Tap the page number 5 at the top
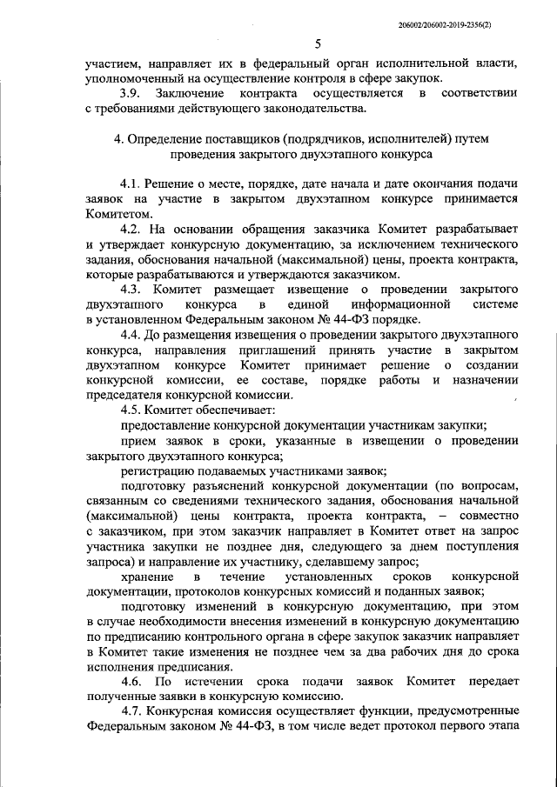tap(319, 44)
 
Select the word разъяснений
tap(230, 485)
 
